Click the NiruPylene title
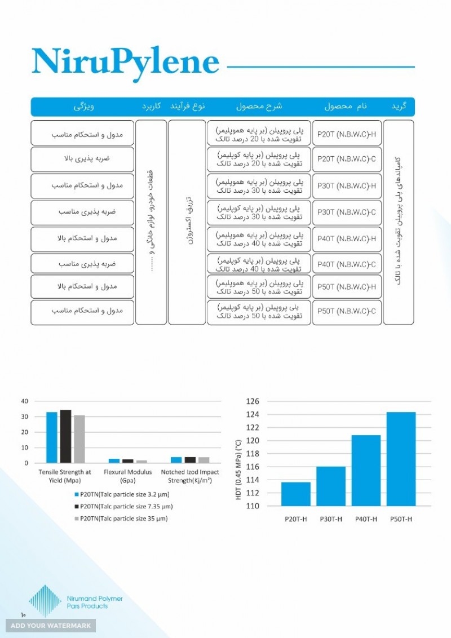coord(125,62)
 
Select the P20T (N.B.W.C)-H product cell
coord(347,133)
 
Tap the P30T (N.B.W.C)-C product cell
coord(347,212)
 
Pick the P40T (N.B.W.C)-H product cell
coord(347,239)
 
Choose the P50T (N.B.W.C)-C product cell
coord(347,311)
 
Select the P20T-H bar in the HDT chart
coord(295,494)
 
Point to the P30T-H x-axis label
coord(330,519)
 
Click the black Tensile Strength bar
coord(66,436)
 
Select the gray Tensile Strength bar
coord(79,439)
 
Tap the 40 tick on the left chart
coord(24,401)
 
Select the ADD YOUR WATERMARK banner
coord(51,626)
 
